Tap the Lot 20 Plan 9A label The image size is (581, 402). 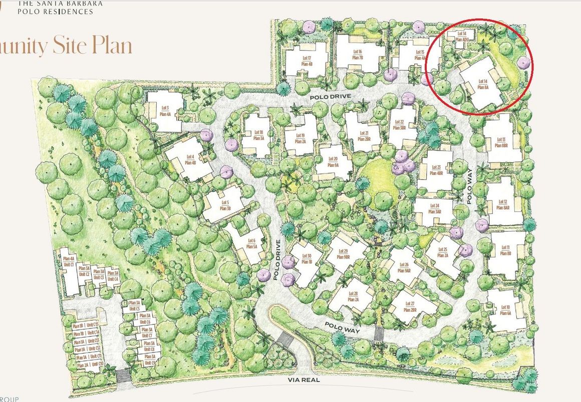pyautogui.click(x=333, y=162)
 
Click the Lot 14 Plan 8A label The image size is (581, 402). pyautogui.click(x=483, y=84)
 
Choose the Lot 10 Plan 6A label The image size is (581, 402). pyautogui.click(x=504, y=310)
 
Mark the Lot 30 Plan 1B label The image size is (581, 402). pyautogui.click(x=306, y=258)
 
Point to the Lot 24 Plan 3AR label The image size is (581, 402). pyautogui.click(x=434, y=208)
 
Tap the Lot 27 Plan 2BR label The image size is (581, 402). pyautogui.click(x=410, y=306)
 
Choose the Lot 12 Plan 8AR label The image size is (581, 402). pyautogui.click(x=503, y=204)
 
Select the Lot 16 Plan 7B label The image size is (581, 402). pyautogui.click(x=357, y=54)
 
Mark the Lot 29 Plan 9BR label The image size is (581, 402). pyautogui.click(x=343, y=253)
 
